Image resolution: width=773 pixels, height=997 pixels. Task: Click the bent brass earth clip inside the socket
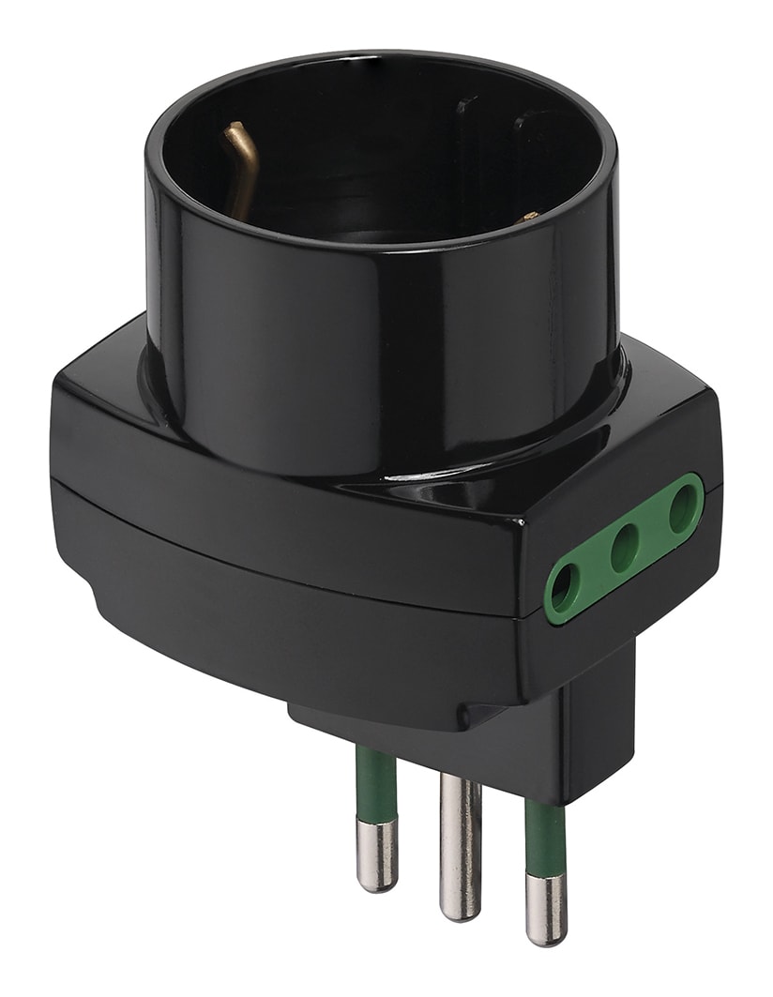pyautogui.click(x=239, y=164)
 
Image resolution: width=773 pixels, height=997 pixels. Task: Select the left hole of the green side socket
pyautogui.click(x=564, y=587)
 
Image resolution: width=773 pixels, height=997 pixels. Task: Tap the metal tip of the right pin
pyautogui.click(x=546, y=909)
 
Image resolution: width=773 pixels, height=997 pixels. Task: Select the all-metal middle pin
pyautogui.click(x=461, y=844)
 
